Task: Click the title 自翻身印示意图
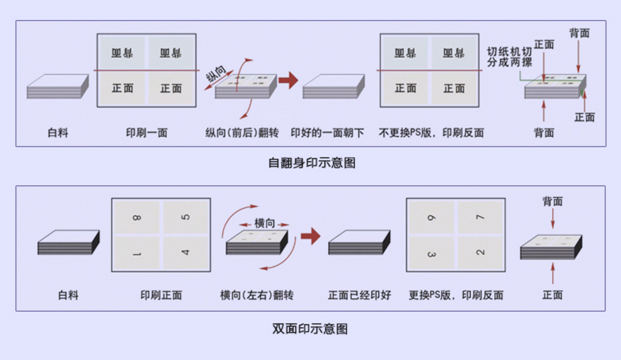pos(312,162)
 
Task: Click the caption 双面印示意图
pos(310,328)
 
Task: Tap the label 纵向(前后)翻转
pos(241,133)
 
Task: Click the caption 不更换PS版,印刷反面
pos(431,133)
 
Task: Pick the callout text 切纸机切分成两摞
pos(509,58)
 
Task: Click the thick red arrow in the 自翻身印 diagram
pos(288,80)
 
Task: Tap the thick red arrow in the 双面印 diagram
pos(310,236)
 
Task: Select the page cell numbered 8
pos(136,218)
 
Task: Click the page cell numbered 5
pos(185,218)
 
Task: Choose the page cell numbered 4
pos(185,253)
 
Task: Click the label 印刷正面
pos(161,295)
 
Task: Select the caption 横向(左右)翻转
pos(257,295)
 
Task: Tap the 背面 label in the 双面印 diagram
pos(552,201)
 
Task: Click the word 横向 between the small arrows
pos(264,223)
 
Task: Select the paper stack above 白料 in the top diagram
pos(58,87)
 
